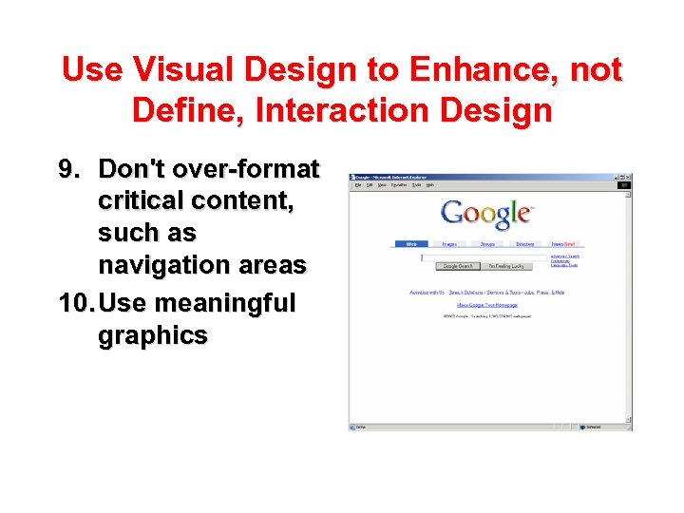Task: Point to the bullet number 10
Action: (76, 303)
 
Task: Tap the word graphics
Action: (153, 335)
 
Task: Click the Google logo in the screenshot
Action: (485, 214)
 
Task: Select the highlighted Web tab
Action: (411, 244)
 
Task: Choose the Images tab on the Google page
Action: (448, 244)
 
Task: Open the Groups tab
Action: (487, 244)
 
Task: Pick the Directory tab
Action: (524, 244)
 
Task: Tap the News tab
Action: (563, 244)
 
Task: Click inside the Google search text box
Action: (484, 257)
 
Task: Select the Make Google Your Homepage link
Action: (486, 305)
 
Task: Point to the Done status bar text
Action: (361, 427)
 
